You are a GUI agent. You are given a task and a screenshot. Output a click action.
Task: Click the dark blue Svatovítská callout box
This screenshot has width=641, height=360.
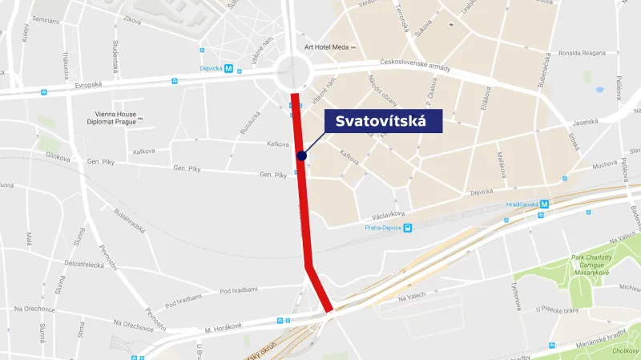coord(383,121)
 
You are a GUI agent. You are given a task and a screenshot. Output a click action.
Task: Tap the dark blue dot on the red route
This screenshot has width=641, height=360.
coord(301,156)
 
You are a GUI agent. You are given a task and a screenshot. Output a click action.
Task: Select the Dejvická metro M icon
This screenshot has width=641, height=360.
coord(228,69)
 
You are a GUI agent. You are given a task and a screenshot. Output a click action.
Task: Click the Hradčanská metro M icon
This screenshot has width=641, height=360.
coord(544,204)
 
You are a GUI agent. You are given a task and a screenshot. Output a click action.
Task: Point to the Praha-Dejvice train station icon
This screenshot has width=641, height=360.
coord(407,228)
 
